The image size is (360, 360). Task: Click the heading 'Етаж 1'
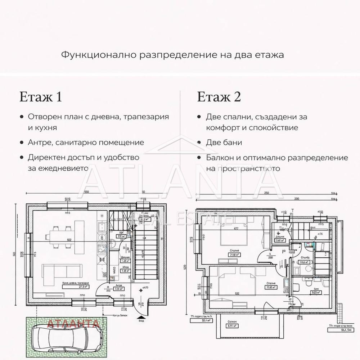(40, 97)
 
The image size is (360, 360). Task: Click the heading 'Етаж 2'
(219, 97)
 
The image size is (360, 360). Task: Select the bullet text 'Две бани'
(224, 143)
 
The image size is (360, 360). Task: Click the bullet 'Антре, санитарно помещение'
(86, 143)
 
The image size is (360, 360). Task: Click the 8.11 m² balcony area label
(228, 326)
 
